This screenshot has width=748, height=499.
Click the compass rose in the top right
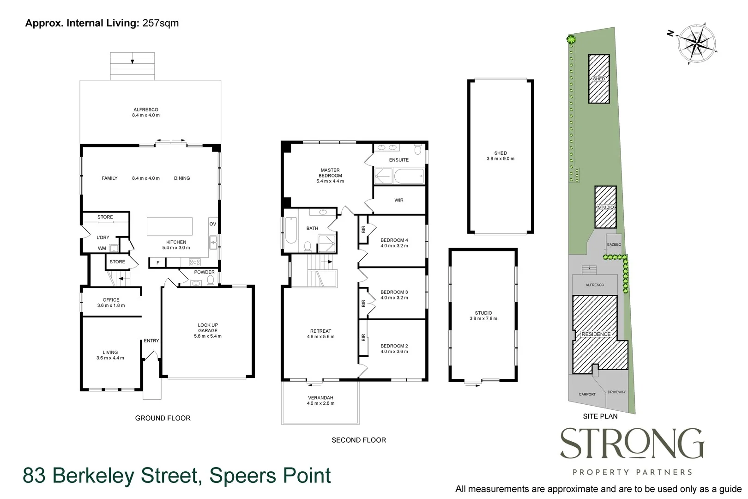[697, 43]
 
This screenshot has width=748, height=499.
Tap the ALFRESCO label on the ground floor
[145, 110]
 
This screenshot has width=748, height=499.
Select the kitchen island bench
[169, 226]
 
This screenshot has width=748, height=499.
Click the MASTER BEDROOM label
[330, 173]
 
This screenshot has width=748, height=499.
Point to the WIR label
[399, 200]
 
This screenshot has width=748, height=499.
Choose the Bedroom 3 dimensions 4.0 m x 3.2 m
[394, 298]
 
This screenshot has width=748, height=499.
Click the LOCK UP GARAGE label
[207, 328]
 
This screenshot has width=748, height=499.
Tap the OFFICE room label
[111, 300]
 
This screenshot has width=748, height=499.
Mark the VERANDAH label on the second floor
[320, 398]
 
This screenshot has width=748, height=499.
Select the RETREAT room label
[320, 331]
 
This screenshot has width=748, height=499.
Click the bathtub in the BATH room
[291, 230]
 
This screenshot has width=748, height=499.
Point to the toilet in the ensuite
[417, 149]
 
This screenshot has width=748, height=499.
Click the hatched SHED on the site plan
[598, 79]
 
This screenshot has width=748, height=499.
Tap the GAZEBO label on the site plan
[614, 244]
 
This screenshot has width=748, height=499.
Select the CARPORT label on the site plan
[587, 394]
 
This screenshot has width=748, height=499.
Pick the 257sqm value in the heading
[160, 23]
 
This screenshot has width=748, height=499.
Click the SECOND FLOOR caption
[358, 440]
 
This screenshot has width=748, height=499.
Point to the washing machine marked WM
[113, 248]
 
